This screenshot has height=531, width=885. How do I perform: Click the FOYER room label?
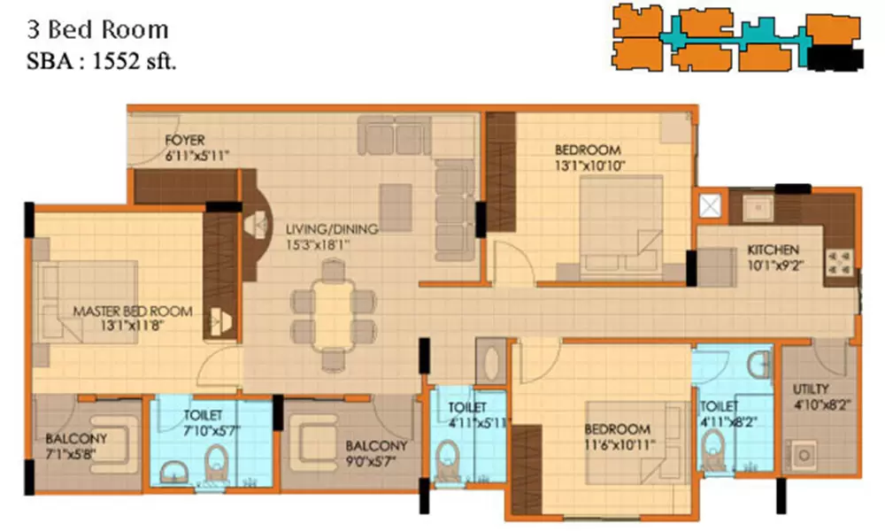185,140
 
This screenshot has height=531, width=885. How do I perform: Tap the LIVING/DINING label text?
331,229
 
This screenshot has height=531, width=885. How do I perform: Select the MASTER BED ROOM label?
133,312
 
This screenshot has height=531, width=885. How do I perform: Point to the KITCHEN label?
773,250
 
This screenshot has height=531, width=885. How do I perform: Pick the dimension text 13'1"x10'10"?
588,165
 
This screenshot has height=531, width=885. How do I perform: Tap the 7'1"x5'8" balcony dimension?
76,453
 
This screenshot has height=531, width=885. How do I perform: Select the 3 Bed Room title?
99,30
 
